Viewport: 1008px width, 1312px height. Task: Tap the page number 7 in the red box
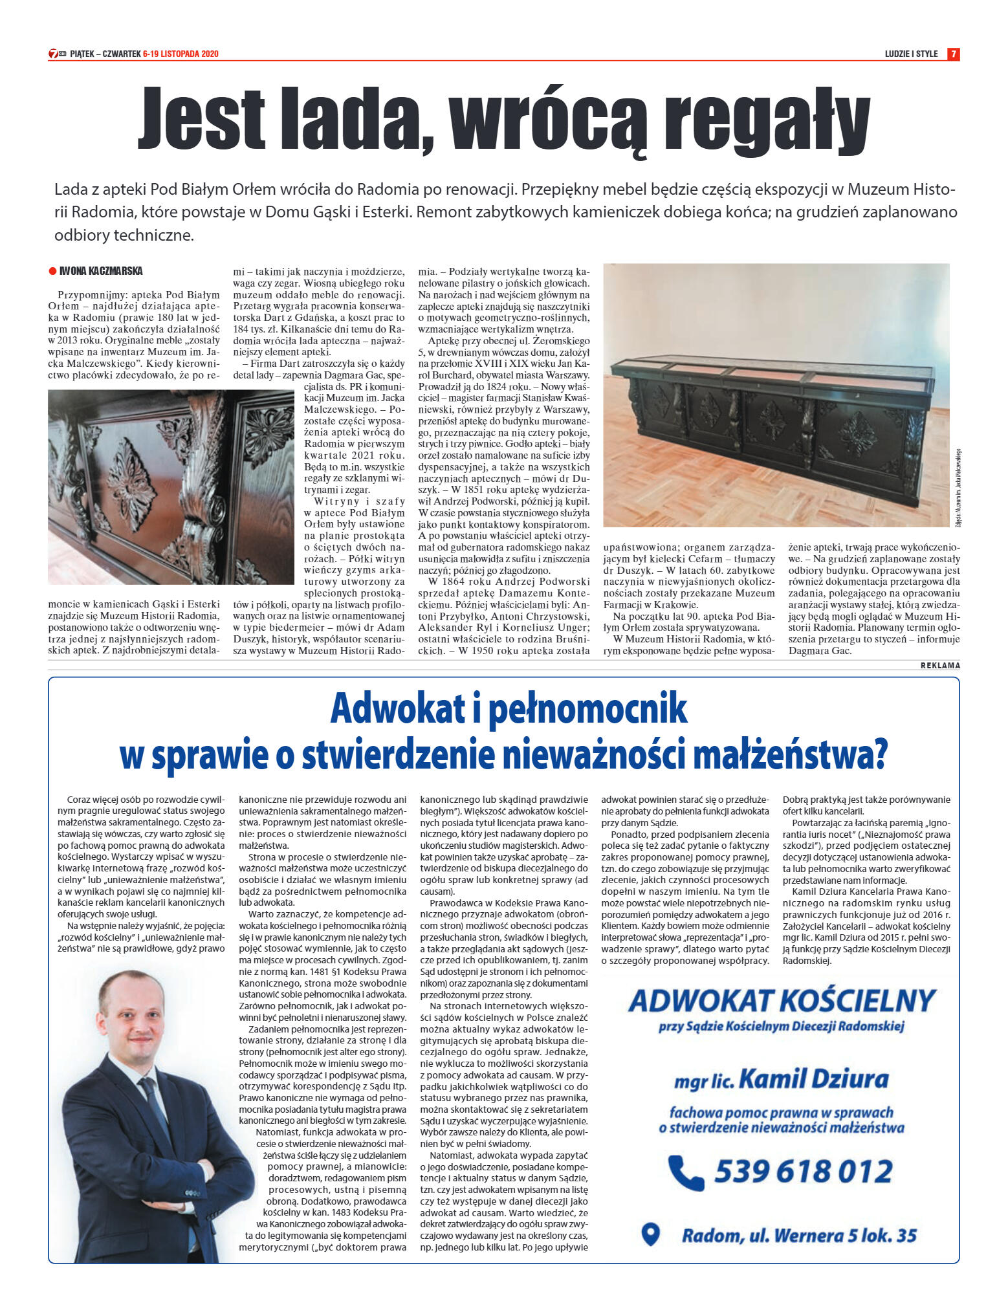tap(952, 54)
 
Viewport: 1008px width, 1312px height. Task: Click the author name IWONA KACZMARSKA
tap(101, 271)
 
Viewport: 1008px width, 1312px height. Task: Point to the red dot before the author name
tap(52, 272)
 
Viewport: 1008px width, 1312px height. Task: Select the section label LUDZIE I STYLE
tap(911, 54)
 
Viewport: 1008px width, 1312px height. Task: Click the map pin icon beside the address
tap(650, 1234)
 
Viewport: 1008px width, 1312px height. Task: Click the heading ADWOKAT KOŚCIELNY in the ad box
tap(782, 1001)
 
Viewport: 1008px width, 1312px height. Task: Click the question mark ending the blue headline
tap(879, 755)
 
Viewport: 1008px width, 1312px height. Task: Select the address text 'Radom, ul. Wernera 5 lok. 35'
tap(799, 1236)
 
